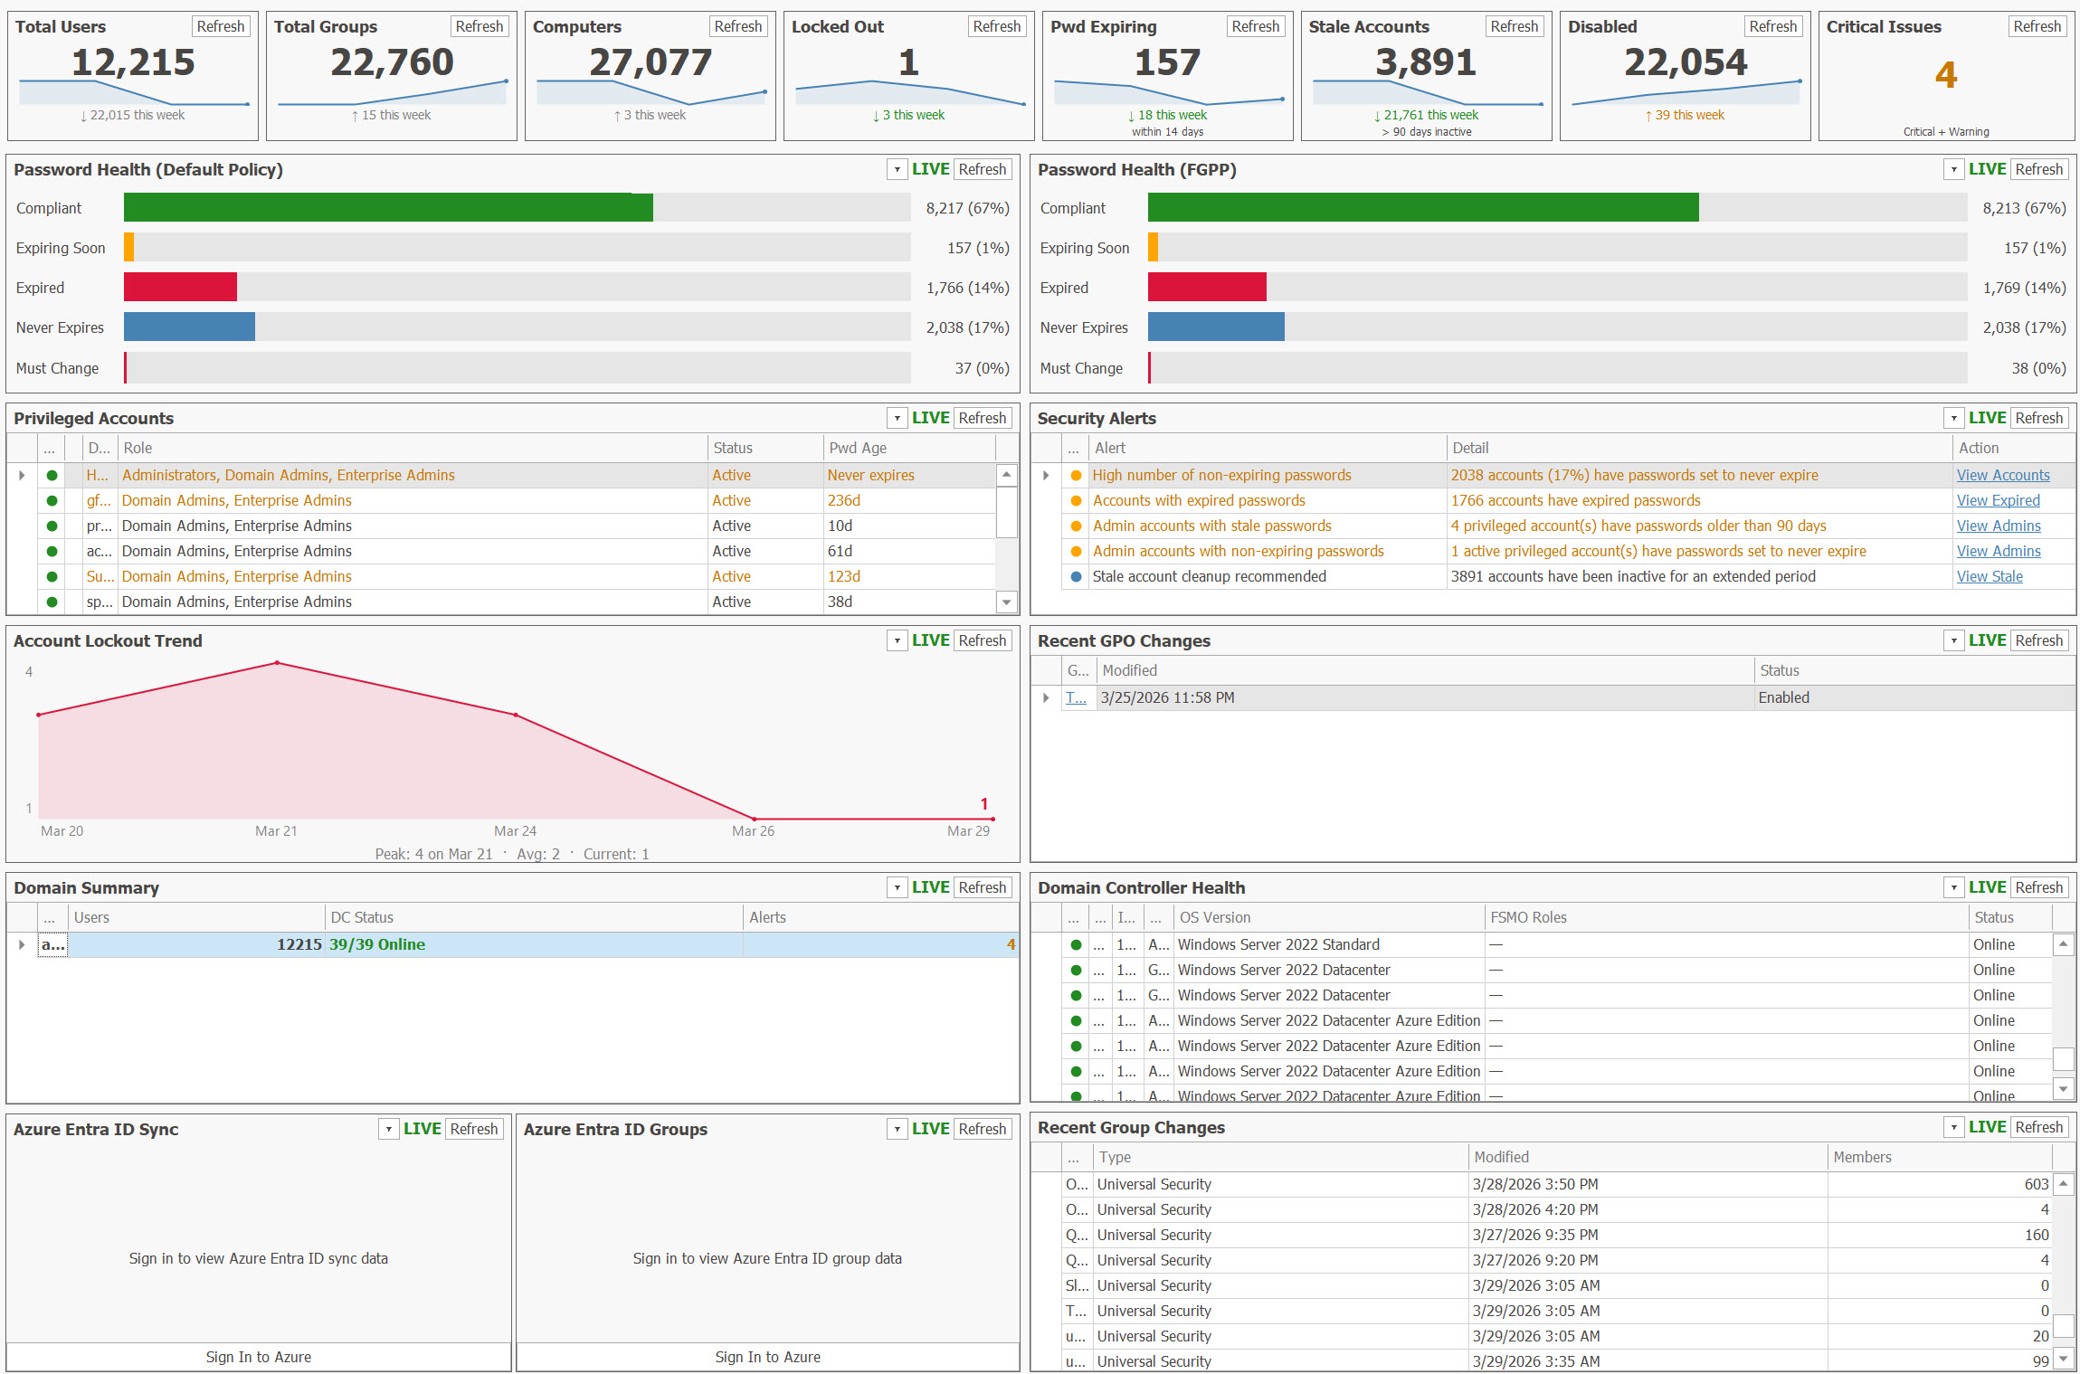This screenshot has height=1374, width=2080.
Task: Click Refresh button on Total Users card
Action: [x=221, y=26]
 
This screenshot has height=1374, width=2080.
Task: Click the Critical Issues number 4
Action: [x=1945, y=74]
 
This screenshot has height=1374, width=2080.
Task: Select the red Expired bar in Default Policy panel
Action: [x=180, y=287]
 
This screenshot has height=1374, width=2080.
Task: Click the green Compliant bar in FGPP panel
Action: [x=1422, y=207]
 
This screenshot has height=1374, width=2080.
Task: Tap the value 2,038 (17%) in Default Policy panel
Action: [x=967, y=327]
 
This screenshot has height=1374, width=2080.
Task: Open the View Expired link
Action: [x=1998, y=500]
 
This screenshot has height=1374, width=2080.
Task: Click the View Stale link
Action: [x=1989, y=576]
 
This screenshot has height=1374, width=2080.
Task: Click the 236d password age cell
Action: [x=844, y=500]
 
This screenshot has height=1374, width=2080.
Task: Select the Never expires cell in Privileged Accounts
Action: [x=870, y=475]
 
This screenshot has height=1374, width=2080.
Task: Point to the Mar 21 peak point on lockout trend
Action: [x=277, y=663]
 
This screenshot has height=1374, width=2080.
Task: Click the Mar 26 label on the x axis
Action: [x=753, y=830]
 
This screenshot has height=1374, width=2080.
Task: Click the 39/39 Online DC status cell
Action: [x=377, y=944]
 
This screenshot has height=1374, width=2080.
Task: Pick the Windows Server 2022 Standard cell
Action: [x=1278, y=944]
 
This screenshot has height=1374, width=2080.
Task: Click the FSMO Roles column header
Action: [x=1528, y=917]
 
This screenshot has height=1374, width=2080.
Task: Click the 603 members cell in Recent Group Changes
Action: [x=2036, y=1184]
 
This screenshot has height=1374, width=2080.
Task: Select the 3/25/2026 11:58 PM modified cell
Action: [x=1167, y=697]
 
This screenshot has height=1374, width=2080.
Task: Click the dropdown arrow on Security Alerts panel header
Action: [x=1953, y=418]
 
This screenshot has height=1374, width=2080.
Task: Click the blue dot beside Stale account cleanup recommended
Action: [x=1076, y=576]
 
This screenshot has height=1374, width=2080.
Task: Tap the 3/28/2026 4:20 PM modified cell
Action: [x=1534, y=1209]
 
